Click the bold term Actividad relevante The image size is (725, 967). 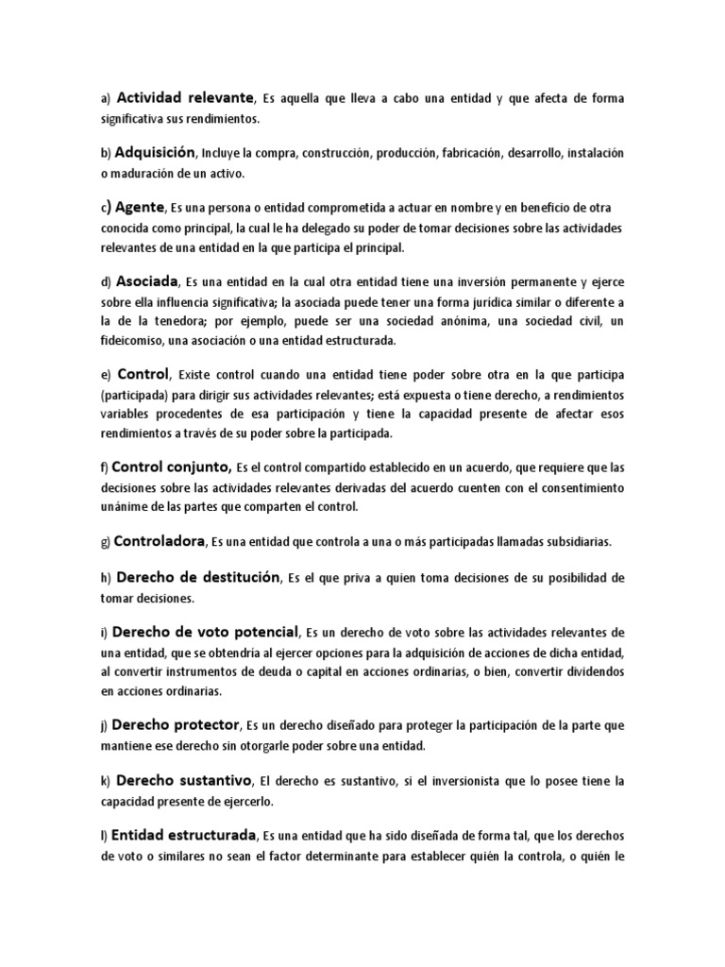[x=185, y=97]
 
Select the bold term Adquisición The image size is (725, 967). [x=155, y=151]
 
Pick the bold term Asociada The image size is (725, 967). [x=146, y=281]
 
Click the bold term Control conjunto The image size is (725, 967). [x=171, y=466]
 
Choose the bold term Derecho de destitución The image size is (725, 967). [x=196, y=577]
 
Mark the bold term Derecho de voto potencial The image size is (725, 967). [x=205, y=631]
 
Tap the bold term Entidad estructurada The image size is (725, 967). [x=184, y=836]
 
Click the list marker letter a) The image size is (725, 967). [x=106, y=98]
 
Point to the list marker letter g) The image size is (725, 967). [x=106, y=542]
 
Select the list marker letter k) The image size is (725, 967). [x=106, y=782]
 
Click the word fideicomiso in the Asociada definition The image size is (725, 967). [x=130, y=340]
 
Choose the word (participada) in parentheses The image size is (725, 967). [x=135, y=395]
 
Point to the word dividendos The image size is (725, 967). [x=584, y=672]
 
